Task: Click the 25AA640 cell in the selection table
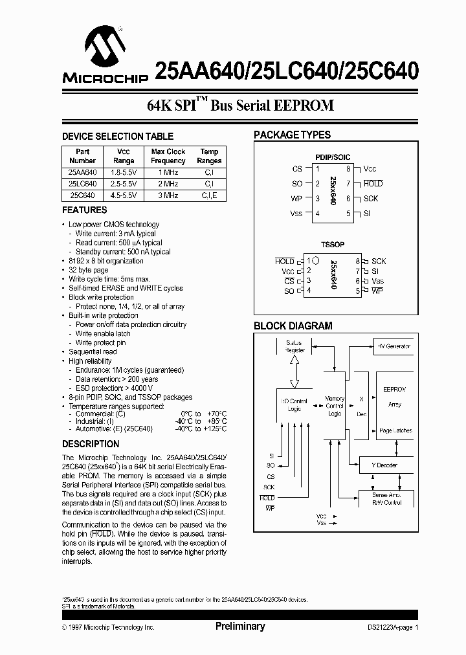[82, 172]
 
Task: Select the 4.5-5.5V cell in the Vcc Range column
[124, 195]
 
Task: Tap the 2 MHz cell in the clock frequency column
[168, 184]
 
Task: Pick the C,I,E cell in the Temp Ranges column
[209, 195]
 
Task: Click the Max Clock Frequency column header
[168, 156]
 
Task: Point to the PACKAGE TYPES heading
[292, 135]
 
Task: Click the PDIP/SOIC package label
[333, 157]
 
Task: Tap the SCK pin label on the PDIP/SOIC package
[370, 199]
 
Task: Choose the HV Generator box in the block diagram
[394, 346]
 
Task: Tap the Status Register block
[294, 346]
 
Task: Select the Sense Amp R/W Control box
[387, 498]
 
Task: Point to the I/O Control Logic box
[294, 405]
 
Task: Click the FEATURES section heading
[85, 210]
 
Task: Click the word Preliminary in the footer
[239, 627]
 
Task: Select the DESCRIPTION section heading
[91, 444]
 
